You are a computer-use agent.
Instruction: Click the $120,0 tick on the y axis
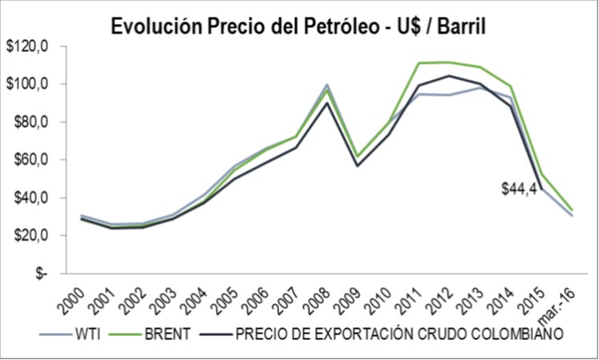click(x=29, y=47)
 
